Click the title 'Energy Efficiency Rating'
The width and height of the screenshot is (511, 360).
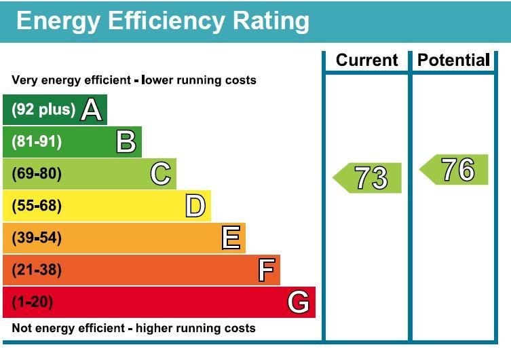pos(163,21)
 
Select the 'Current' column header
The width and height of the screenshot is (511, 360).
pos(366,60)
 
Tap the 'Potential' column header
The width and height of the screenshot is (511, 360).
pos(453,60)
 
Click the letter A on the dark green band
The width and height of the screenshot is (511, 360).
pos(92,110)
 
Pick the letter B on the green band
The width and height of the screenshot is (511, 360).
pos(126,142)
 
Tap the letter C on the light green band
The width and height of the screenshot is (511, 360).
pos(161,174)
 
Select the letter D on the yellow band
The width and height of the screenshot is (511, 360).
pos(195,206)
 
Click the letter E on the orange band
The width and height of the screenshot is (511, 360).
pos(231,238)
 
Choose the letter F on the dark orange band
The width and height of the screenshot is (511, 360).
pos(266,270)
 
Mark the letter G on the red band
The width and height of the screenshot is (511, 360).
pos(299,302)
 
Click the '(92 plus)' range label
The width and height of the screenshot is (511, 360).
pos(43,110)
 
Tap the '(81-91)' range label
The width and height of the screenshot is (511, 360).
pos(37,142)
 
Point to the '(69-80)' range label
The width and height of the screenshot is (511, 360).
pos(37,174)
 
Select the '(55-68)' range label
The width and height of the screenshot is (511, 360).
pos(37,206)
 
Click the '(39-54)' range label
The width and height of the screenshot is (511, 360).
pos(37,238)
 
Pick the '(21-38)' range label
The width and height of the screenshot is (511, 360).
pos(37,270)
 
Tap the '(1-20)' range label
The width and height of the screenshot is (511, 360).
pos(33,302)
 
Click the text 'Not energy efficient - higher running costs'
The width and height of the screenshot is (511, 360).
pos(134,329)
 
